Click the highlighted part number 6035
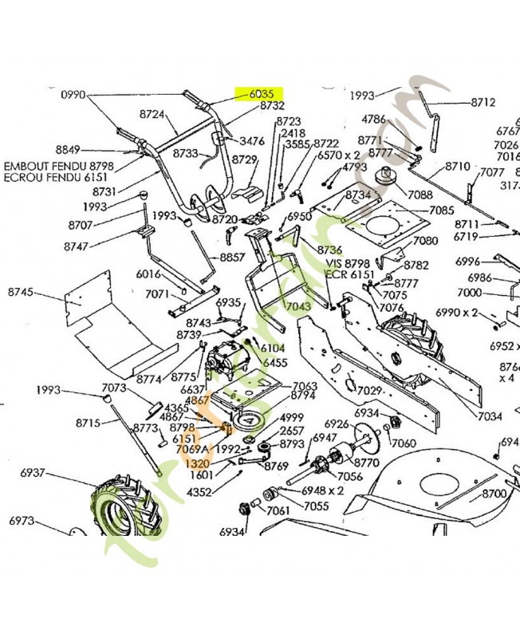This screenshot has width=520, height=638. click(x=256, y=93)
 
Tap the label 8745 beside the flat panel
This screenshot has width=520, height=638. click(x=21, y=293)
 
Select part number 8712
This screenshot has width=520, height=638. click(x=483, y=102)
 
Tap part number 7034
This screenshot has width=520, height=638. click(x=490, y=415)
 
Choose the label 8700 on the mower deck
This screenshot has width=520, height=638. click(x=494, y=494)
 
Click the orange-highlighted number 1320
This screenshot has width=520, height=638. click(x=197, y=463)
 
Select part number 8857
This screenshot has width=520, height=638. click(x=232, y=257)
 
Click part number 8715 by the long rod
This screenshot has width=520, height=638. click(x=88, y=422)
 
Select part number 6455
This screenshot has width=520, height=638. click(x=275, y=363)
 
